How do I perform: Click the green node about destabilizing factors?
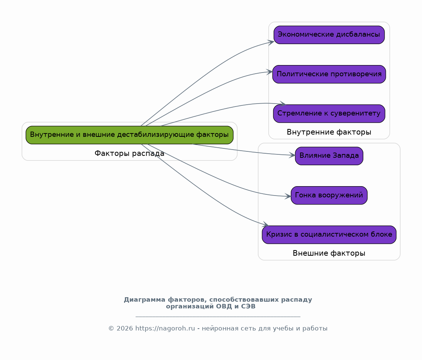[x=129, y=135]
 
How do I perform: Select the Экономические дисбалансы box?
[x=329, y=35]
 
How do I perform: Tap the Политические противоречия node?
[x=329, y=74]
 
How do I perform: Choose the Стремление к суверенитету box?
[x=329, y=113]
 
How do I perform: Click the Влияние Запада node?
[x=329, y=156]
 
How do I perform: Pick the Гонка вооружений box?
[x=329, y=195]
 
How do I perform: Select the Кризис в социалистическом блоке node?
[x=329, y=234]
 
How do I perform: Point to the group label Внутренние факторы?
[x=329, y=132]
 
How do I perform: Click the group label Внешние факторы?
[x=329, y=253]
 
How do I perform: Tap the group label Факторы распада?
[x=129, y=154]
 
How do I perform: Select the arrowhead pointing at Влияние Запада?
[x=292, y=155]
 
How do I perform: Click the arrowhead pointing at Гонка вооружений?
[x=288, y=196]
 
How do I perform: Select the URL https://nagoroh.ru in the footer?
[x=165, y=329]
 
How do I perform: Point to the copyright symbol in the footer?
[x=111, y=329]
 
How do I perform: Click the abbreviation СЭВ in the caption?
[x=249, y=307]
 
